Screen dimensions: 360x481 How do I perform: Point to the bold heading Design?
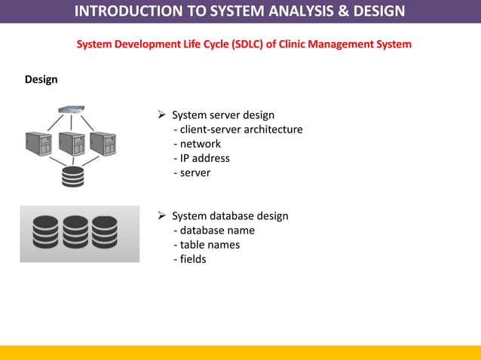point(41,80)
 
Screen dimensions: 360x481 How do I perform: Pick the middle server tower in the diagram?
point(71,144)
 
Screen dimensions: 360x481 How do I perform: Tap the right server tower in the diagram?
point(103,144)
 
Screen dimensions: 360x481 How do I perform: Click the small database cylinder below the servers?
point(72,176)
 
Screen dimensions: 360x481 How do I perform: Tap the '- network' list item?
point(197,144)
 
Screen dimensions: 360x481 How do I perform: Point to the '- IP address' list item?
point(201,158)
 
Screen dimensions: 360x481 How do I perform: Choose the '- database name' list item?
point(214,230)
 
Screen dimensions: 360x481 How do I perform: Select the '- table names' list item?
point(207,245)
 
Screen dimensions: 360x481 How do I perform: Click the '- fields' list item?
point(189,259)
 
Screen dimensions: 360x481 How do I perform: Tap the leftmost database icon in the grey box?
point(45,233)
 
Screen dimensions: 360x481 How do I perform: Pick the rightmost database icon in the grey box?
point(105,233)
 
